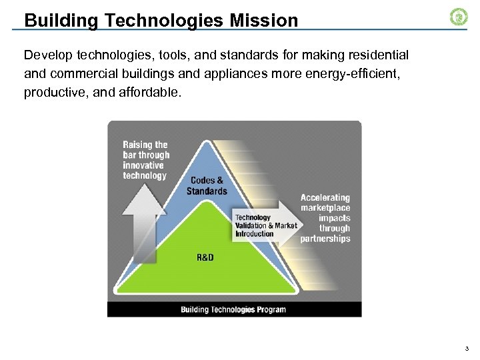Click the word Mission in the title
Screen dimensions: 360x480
tap(263, 21)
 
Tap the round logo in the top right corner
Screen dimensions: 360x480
tap(459, 17)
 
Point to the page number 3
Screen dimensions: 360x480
tap(467, 349)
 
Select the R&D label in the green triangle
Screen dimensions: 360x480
tap(205, 257)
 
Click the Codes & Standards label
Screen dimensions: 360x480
tap(207, 185)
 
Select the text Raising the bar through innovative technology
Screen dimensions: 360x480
tap(146, 160)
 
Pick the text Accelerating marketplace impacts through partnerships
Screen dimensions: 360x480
tap(325, 218)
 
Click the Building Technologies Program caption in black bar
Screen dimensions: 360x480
tap(233, 309)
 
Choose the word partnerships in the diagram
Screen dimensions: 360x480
tap(325, 239)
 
